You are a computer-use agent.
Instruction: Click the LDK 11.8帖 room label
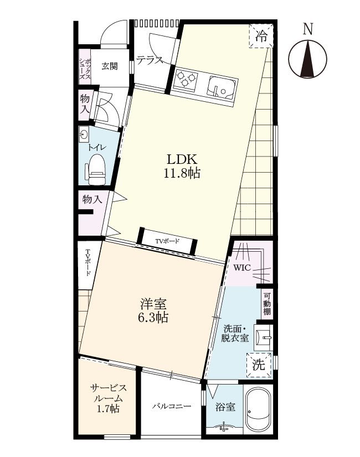pyautogui.click(x=182, y=166)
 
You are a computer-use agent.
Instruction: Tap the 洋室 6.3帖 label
pyautogui.click(x=153, y=310)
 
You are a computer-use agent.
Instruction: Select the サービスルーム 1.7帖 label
pyautogui.click(x=108, y=398)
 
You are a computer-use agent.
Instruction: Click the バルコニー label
pyautogui.click(x=172, y=406)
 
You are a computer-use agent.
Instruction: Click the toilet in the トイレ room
pyautogui.click(x=95, y=169)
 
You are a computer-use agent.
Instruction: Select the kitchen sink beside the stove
pyautogui.click(x=222, y=88)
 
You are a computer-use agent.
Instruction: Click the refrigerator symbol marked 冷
pyautogui.click(x=261, y=36)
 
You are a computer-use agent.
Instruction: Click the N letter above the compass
pyautogui.click(x=307, y=29)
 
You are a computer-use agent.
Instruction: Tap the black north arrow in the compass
pyautogui.click(x=308, y=59)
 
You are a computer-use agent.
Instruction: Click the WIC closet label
pyautogui.click(x=242, y=268)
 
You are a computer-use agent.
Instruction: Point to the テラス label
pyautogui.click(x=150, y=60)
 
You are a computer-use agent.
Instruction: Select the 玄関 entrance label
pyautogui.click(x=110, y=66)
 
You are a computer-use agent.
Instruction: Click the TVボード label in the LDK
pyautogui.click(x=167, y=241)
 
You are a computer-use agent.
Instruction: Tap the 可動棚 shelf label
pyautogui.click(x=267, y=303)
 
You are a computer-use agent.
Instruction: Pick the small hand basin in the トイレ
pyautogui.click(x=84, y=135)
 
